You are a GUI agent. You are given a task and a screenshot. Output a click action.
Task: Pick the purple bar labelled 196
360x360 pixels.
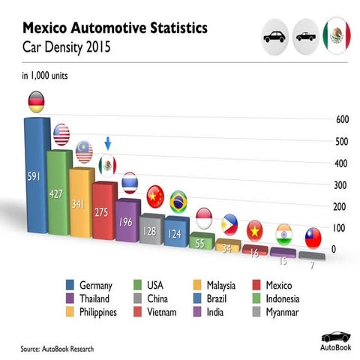pos(127,220)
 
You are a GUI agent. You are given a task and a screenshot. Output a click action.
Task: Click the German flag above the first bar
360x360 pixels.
pos(36,101)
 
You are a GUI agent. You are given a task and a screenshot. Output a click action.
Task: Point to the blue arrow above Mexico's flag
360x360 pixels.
pos(107,143)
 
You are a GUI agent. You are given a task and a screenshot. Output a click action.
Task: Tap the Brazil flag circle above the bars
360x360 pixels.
pos(178,201)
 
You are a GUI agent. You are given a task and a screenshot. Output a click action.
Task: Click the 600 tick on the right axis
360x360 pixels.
pos(342,120)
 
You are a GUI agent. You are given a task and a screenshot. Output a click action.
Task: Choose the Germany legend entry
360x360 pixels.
pos(89,285)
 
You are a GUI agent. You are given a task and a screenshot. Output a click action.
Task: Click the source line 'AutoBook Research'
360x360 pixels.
pos(58,349)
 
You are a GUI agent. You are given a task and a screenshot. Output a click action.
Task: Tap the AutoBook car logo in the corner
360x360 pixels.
pos(334,339)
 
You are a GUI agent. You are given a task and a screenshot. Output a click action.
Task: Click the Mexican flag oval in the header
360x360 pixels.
pos(337,35)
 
